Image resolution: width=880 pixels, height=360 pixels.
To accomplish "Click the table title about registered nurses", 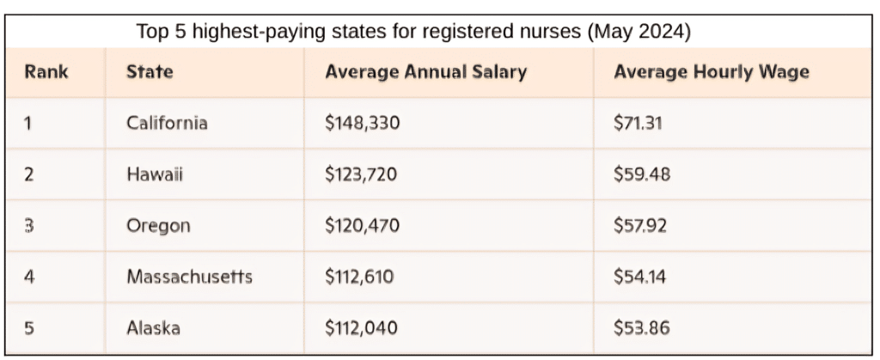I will point(413,32).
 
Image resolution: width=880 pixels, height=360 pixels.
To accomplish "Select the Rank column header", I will point(46,72).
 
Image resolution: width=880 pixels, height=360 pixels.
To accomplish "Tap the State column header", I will point(150,72).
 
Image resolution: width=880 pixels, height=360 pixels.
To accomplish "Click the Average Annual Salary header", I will point(425,72).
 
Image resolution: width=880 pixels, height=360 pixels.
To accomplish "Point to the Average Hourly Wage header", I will point(712,72).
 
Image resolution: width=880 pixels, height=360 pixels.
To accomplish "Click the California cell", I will point(167,123).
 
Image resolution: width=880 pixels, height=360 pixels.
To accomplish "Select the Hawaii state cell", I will point(155,174).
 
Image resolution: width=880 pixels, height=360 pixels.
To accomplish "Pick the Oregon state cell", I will point(158,226).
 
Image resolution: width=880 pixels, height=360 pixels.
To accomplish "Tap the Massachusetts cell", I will point(189,277).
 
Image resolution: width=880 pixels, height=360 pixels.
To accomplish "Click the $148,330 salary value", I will point(363,123).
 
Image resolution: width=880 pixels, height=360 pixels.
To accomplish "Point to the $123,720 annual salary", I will point(363,174).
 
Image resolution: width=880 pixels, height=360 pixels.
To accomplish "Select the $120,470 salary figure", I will point(363,226).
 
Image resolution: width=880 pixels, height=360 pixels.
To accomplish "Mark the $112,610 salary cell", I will point(363,277).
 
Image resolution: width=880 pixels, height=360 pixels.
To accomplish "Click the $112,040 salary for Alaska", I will point(363,327).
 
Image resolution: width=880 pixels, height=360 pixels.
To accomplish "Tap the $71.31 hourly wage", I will point(639,123).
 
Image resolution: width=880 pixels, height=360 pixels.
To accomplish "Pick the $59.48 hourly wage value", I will point(641,174).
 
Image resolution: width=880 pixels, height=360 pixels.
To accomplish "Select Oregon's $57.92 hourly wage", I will point(640,226).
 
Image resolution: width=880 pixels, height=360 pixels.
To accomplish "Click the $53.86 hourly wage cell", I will point(641,327).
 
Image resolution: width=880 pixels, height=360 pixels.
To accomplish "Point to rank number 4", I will point(28,277).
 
